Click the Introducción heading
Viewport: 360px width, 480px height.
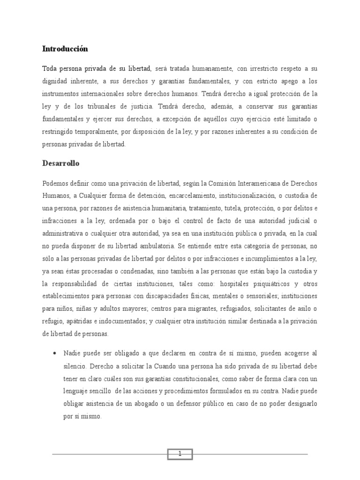[x=65, y=49]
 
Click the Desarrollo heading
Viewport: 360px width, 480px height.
[x=61, y=164]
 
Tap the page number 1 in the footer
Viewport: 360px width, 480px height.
[x=180, y=454]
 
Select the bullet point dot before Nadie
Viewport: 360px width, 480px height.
[x=56, y=352]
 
